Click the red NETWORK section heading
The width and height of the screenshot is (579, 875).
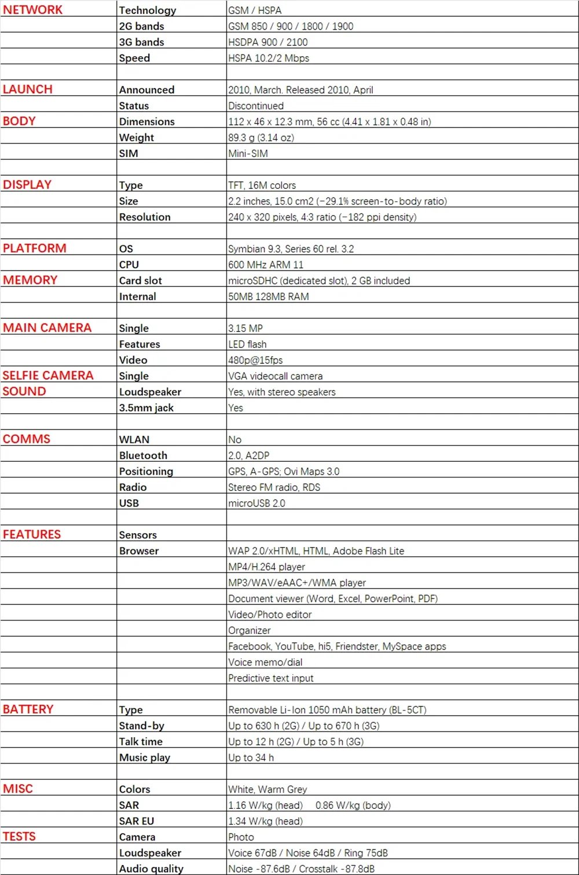[x=32, y=10]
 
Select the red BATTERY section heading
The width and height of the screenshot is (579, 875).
[x=28, y=709]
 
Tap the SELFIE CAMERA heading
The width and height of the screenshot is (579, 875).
[x=47, y=375]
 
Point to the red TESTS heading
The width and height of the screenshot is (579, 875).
[x=19, y=836]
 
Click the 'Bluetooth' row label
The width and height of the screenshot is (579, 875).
[x=143, y=455]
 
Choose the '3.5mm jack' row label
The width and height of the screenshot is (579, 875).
[x=146, y=407]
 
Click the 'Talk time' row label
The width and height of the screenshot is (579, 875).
[x=141, y=741]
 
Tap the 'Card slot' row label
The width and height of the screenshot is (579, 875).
[x=140, y=280]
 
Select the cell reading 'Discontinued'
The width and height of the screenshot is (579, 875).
[x=256, y=105]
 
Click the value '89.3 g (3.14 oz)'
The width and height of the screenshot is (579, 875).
[x=261, y=137]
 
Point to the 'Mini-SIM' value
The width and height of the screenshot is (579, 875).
[x=248, y=154]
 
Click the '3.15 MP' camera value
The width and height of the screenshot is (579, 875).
[x=245, y=328]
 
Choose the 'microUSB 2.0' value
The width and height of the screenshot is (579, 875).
[x=256, y=503]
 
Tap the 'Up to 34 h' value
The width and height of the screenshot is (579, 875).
[x=251, y=757]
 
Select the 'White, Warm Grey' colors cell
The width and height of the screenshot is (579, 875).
[x=267, y=789]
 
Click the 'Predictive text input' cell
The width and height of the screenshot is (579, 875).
[x=270, y=678]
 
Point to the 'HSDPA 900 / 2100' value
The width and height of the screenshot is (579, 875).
[x=268, y=42]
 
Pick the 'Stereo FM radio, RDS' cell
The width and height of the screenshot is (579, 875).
[x=274, y=487]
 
